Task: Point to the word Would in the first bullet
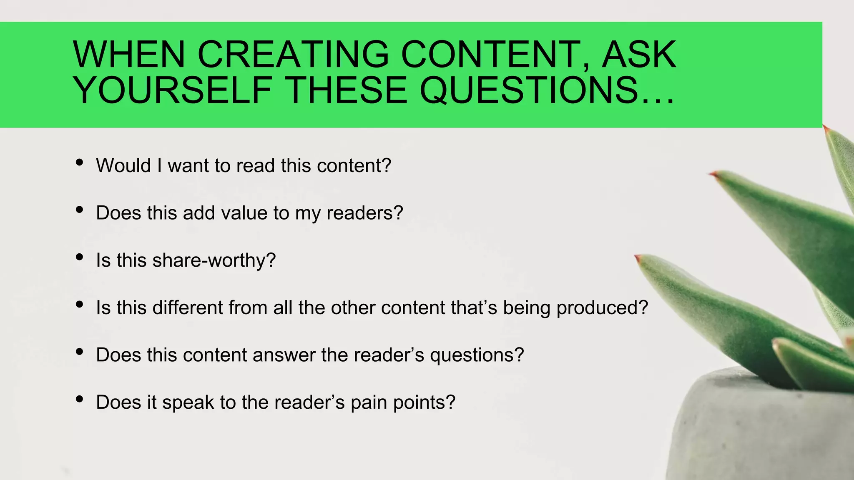(x=123, y=165)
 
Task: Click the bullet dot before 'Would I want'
(x=80, y=162)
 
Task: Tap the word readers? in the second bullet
(x=365, y=213)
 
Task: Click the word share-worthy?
(x=214, y=260)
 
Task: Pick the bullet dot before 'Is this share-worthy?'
(x=80, y=257)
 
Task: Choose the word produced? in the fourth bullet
(x=602, y=308)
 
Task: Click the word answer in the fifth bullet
(x=284, y=355)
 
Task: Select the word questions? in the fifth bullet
(x=477, y=355)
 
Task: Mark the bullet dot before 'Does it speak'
(x=80, y=399)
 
